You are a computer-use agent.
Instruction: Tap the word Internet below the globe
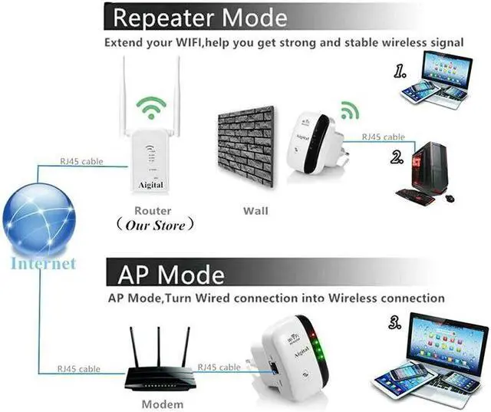(43, 263)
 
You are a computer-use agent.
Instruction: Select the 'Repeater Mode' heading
(199, 17)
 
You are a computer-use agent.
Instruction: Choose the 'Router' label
(153, 210)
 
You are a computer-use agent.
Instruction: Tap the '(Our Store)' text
(154, 226)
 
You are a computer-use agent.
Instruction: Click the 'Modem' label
(163, 404)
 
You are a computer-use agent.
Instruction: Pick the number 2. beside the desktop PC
(397, 158)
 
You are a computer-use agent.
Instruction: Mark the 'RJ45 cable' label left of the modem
(80, 369)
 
